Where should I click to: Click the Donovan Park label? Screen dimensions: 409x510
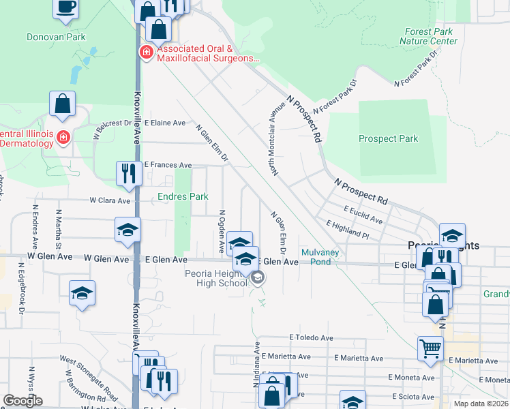[56, 37]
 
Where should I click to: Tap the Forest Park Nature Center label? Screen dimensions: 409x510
[430, 36]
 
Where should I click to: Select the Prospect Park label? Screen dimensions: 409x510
[388, 138]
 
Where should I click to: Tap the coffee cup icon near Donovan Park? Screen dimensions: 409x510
[66, 7]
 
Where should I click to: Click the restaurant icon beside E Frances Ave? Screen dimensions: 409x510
[127, 172]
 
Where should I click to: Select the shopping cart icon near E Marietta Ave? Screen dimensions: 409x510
[431, 348]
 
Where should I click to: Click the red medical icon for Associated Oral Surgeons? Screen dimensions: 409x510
[145, 52]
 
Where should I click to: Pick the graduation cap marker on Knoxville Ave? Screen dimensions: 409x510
[127, 230]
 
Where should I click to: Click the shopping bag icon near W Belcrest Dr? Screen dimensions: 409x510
[62, 104]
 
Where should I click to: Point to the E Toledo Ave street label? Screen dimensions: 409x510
[311, 337]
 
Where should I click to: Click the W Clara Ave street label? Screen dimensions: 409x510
[110, 201]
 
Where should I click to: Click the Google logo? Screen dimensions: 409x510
[22, 401]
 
